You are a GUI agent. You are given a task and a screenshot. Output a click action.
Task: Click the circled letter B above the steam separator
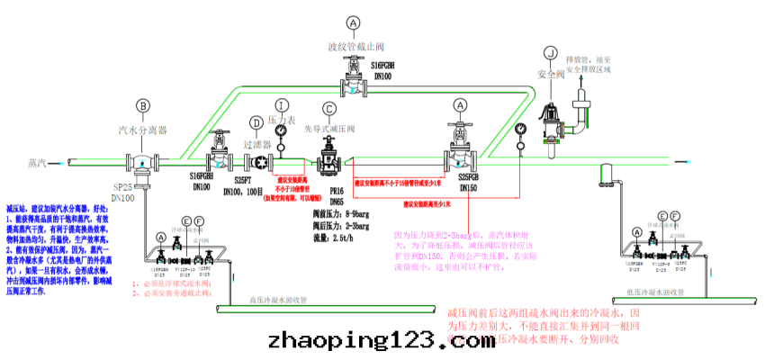141,106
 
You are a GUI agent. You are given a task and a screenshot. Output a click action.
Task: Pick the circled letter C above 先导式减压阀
329,109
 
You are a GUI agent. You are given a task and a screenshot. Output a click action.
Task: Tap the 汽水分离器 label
141,130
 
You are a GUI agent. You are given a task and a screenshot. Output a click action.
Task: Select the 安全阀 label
550,75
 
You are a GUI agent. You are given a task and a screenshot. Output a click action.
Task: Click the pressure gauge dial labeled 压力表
281,132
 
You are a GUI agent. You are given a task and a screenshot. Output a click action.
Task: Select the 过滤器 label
256,143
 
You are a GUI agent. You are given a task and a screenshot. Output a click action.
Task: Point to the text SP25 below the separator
122,187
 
